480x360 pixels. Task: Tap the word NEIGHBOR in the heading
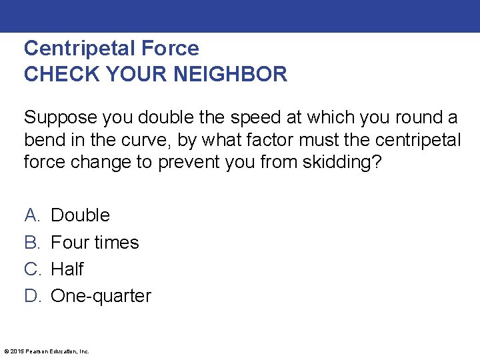231,74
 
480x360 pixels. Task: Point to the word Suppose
60,118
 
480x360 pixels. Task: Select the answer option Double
80,215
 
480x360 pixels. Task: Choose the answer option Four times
95,242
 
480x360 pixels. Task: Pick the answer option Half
67,269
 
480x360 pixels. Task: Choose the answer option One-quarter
101,296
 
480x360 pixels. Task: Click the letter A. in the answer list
32,215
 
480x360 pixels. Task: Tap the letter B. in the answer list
32,242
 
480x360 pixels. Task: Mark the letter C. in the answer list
33,269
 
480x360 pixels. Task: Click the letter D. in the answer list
33,296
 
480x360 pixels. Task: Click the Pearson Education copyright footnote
47,351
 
